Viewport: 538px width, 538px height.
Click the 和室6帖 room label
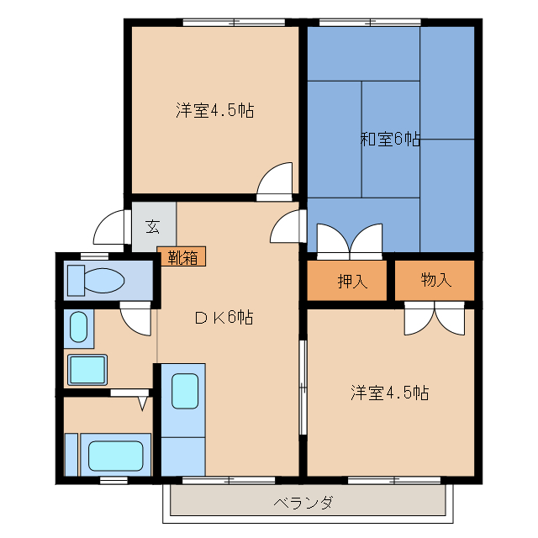click(x=390, y=140)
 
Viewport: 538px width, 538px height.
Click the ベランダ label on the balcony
click(x=303, y=504)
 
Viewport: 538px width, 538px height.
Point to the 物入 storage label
click(x=435, y=281)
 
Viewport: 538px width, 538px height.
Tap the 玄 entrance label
click(x=153, y=226)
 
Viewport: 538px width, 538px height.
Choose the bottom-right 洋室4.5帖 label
click(x=389, y=393)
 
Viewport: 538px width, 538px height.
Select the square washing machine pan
click(x=87, y=369)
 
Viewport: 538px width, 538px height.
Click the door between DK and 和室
click(x=287, y=226)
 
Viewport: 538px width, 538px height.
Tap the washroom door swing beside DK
click(x=134, y=319)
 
